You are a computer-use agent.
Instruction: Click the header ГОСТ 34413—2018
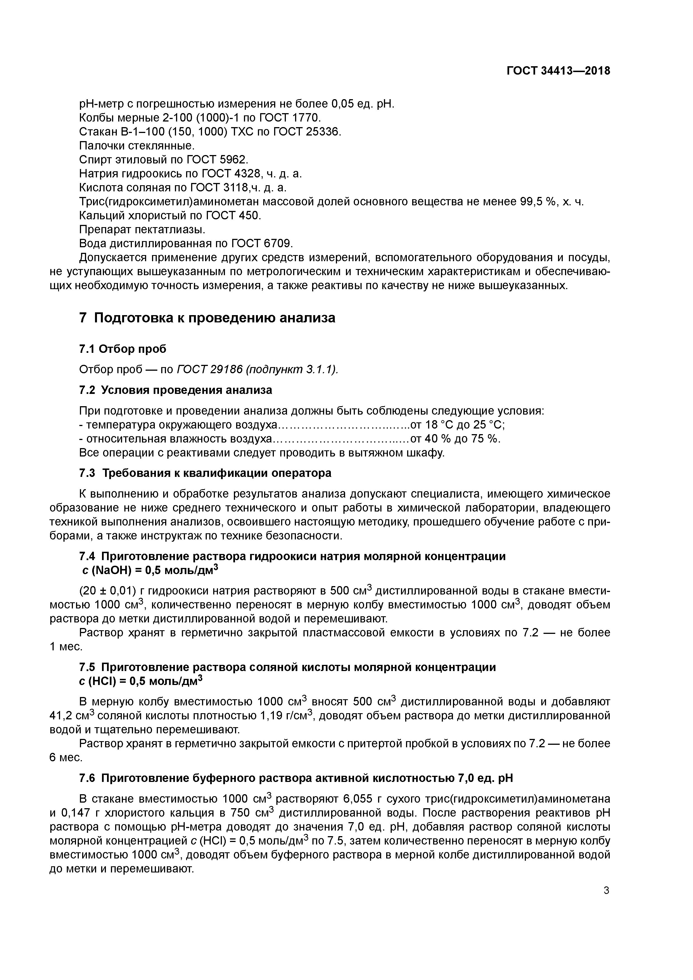[x=559, y=71]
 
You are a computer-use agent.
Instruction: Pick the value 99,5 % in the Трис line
[x=539, y=201]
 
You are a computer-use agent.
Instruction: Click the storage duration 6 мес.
[x=65, y=758]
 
